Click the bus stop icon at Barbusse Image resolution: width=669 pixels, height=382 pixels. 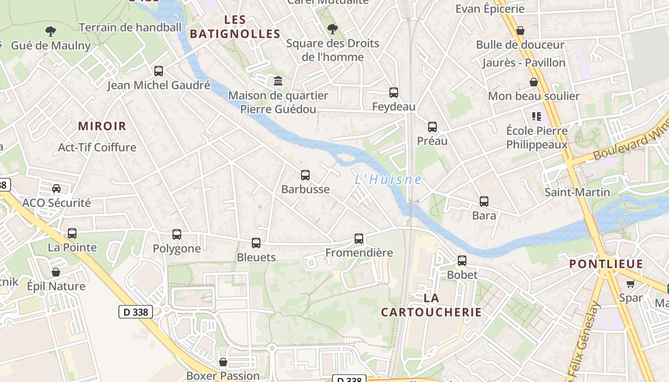click(305, 175)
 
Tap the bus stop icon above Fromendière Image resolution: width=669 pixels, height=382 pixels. click(359, 238)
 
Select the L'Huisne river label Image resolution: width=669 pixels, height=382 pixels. click(388, 180)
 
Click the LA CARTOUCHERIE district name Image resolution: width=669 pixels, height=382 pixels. click(431, 305)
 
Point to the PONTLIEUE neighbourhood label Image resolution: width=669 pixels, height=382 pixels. click(606, 264)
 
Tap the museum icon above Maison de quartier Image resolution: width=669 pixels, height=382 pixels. click(278, 81)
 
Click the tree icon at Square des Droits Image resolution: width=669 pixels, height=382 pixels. click(332, 29)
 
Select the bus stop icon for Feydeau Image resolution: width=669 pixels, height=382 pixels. click(394, 93)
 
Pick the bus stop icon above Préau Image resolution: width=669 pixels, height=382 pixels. click(432, 127)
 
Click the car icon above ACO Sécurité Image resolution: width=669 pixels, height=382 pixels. click(56, 189)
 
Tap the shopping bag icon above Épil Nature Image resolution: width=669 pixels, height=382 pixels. click(56, 272)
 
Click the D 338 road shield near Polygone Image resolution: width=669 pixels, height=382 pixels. click(135, 312)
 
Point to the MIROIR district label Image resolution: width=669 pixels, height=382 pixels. click(102, 127)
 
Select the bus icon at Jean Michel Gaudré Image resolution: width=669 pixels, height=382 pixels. click(159, 71)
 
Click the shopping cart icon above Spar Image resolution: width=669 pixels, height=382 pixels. click(631, 284)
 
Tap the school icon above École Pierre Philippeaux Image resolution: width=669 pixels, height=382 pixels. click(537, 116)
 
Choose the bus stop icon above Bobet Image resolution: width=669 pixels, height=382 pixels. click(462, 261)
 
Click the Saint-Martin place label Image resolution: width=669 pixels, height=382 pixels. click(577, 192)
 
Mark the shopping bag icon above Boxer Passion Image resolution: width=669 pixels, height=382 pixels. click(223, 362)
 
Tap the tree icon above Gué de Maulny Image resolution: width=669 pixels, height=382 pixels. click(51, 32)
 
